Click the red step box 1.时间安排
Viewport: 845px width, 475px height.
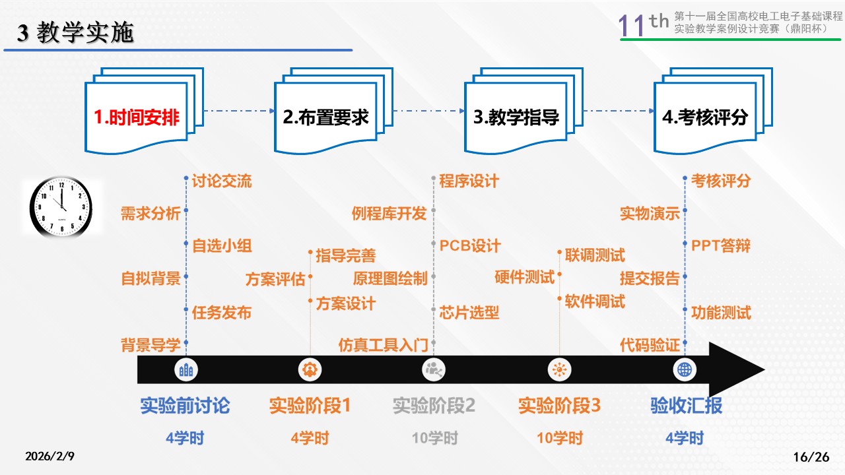[137, 117]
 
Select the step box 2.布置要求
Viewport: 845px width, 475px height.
[325, 117]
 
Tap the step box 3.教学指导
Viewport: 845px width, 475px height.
[516, 117]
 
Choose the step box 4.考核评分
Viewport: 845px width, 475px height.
[705, 117]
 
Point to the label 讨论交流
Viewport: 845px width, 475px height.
[222, 181]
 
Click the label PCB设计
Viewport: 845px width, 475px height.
[470, 246]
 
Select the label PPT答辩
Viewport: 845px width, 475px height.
[721, 246]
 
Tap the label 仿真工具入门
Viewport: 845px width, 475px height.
[383, 344]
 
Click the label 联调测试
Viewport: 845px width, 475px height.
[595, 255]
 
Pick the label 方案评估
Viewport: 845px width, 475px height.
[275, 279]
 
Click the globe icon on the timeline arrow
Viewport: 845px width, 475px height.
[685, 369]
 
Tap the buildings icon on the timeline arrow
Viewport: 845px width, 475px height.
[186, 369]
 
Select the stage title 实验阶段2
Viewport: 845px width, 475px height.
[434, 405]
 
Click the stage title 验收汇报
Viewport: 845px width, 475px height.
[686, 405]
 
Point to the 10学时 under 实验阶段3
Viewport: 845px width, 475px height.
[560, 437]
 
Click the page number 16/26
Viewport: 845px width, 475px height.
[810, 457]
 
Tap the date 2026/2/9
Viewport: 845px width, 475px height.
[50, 457]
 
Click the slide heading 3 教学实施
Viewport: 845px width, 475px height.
[75, 33]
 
